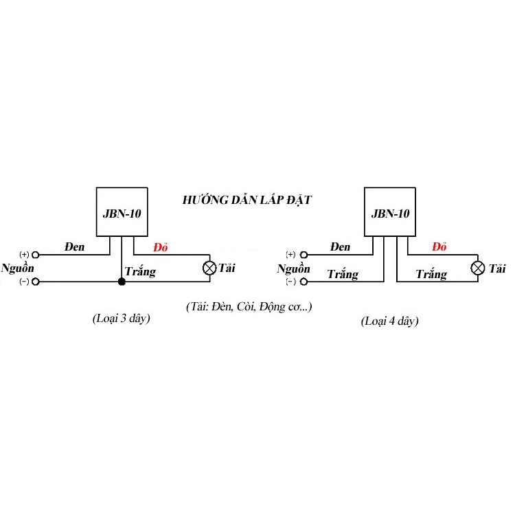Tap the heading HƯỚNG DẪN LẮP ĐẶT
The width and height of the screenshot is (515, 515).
pos(247,200)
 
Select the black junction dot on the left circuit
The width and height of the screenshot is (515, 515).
pos(122,282)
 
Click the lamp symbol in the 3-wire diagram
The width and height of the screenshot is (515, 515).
pos(209,268)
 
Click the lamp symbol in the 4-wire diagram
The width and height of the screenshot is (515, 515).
pos(477,268)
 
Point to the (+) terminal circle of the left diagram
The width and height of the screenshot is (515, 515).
pos(36,255)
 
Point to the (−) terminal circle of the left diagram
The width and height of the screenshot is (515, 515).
pos(36,282)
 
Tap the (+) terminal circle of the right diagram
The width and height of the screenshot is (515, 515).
pos(304,255)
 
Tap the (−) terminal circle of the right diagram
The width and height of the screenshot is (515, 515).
pos(304,282)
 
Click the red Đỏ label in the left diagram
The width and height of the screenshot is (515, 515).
pos(161,247)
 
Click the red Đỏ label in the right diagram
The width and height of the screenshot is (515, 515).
pos(439,247)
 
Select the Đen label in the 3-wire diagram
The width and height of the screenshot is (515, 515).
pos(75,247)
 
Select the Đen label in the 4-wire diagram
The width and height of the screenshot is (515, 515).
pos(341,247)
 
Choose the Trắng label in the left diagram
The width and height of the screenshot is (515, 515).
pos(140,272)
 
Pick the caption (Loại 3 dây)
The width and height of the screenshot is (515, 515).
pos(121,318)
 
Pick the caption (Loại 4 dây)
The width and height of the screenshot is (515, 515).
pos(389,321)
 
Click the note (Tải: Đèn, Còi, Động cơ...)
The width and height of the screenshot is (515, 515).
pos(249,307)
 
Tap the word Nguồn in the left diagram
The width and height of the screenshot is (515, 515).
pos(18,268)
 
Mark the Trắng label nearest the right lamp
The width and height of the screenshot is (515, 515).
pos(431,274)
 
